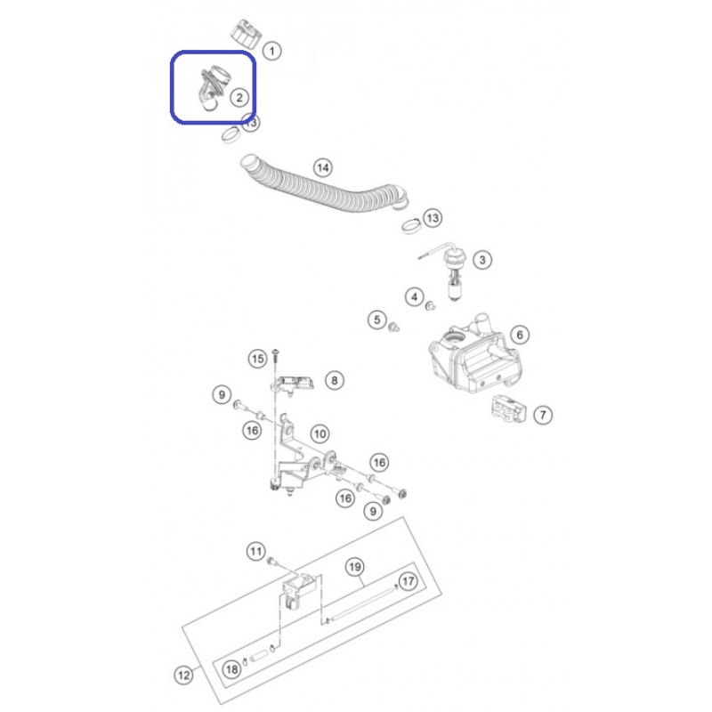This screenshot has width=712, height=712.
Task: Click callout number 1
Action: pyautogui.click(x=272, y=51)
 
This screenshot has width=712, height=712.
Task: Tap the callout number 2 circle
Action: pyautogui.click(x=239, y=97)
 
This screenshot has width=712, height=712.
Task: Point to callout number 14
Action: pyautogui.click(x=323, y=167)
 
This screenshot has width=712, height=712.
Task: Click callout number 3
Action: pyautogui.click(x=482, y=260)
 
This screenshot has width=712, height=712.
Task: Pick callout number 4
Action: pyautogui.click(x=414, y=297)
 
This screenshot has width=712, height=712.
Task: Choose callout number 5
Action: pyautogui.click(x=376, y=320)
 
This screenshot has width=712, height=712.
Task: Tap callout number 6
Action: pyautogui.click(x=520, y=336)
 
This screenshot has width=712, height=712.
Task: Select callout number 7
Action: pyautogui.click(x=543, y=415)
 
